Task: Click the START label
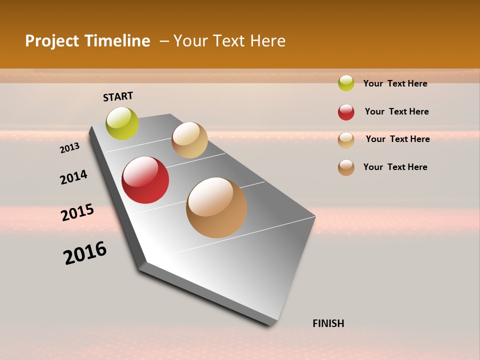point(118,96)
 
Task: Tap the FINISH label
point(328,323)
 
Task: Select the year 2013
point(69,148)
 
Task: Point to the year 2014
point(73,177)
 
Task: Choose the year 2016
point(85,253)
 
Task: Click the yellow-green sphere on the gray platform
point(122,123)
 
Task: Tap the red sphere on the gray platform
point(145,180)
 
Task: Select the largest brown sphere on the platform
point(216,207)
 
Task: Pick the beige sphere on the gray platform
point(189,140)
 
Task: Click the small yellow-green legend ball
point(346,83)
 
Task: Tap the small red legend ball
point(346,112)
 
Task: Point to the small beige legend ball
point(346,140)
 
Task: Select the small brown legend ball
point(346,167)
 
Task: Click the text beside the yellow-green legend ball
point(395,83)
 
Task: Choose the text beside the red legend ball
point(396,111)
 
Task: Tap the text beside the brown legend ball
point(395,167)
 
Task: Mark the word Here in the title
point(267,41)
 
